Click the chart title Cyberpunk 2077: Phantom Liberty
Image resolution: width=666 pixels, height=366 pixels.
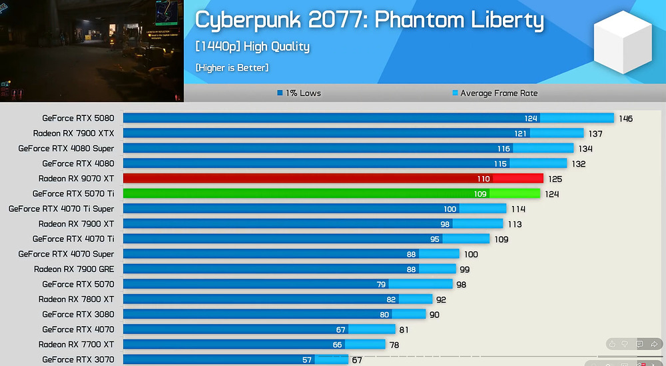[369, 20]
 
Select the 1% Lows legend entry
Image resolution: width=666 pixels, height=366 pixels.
[299, 93]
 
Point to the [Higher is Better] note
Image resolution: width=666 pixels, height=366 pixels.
[232, 68]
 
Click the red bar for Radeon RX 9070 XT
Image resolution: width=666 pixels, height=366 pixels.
[333, 179]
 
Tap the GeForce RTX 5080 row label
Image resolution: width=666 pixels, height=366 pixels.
[78, 119]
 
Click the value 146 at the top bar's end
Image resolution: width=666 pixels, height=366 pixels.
[625, 119]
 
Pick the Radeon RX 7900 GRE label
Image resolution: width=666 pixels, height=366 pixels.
[74, 269]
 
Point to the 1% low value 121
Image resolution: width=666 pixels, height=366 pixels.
[520, 133]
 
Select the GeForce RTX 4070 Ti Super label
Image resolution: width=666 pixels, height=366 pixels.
[61, 209]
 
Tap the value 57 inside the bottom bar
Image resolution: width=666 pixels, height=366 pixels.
[307, 360]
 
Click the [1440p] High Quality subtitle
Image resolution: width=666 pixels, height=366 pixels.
[252, 47]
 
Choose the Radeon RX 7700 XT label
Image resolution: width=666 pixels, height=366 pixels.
[76, 345]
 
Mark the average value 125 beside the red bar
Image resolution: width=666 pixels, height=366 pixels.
[554, 179]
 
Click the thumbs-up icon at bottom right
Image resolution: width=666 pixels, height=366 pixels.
[611, 344]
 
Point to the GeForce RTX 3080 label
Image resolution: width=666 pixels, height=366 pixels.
[78, 315]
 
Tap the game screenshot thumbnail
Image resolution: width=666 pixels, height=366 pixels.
[91, 50]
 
